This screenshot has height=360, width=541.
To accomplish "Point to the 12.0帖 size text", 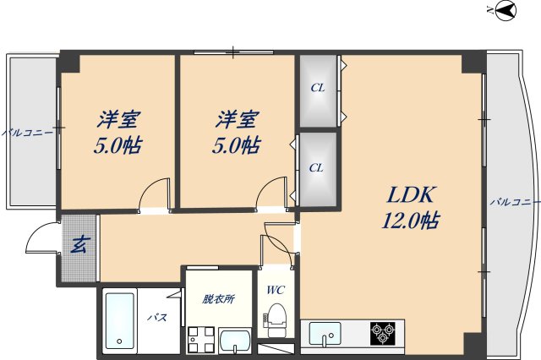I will coord(410,221).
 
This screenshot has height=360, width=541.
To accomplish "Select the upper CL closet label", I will coord(317,87).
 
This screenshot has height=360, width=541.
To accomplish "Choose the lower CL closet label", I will coord(316,167).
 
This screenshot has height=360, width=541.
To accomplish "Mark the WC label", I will coord(275,291).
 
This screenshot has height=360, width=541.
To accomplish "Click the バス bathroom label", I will coord(156,318).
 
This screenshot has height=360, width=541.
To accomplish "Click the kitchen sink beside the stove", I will coord(326,334).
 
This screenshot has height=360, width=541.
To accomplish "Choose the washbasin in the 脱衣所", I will coord(234,341).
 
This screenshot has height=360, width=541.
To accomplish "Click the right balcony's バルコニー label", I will coord(515,203).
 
